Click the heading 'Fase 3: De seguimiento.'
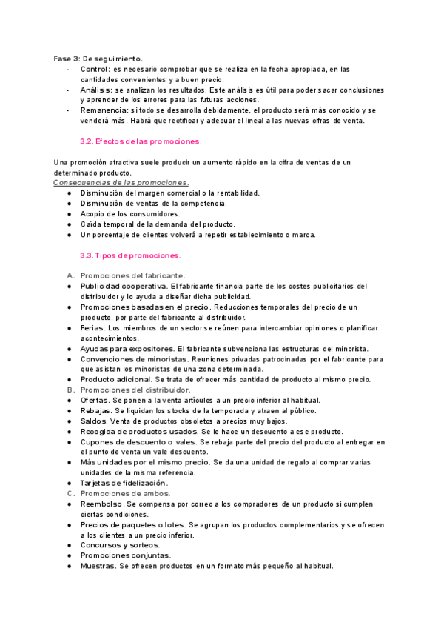98,59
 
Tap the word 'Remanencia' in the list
104,110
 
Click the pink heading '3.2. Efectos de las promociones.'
141,141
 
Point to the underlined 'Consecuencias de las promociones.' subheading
121,182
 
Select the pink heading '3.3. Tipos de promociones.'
130,255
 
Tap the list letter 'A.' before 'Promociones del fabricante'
71,275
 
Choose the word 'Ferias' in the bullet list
92,327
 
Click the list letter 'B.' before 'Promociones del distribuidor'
71,390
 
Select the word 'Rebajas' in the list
96,410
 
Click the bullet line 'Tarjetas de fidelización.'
124,483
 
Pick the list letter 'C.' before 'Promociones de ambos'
71,493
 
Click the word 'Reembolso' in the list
103,504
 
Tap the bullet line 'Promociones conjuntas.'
126,555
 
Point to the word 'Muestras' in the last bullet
98,566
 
